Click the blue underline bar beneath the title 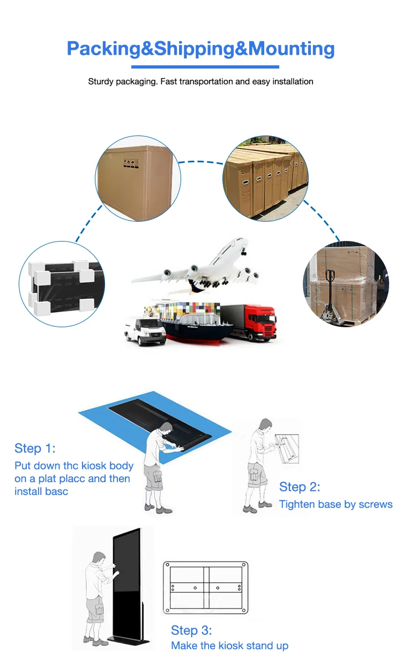click(x=205, y=67)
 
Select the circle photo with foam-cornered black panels click(x=62, y=284)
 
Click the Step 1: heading click(x=35, y=448)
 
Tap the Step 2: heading click(x=300, y=487)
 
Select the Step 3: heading click(x=191, y=630)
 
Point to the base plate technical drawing click(x=206, y=587)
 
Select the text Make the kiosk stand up click(x=229, y=646)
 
